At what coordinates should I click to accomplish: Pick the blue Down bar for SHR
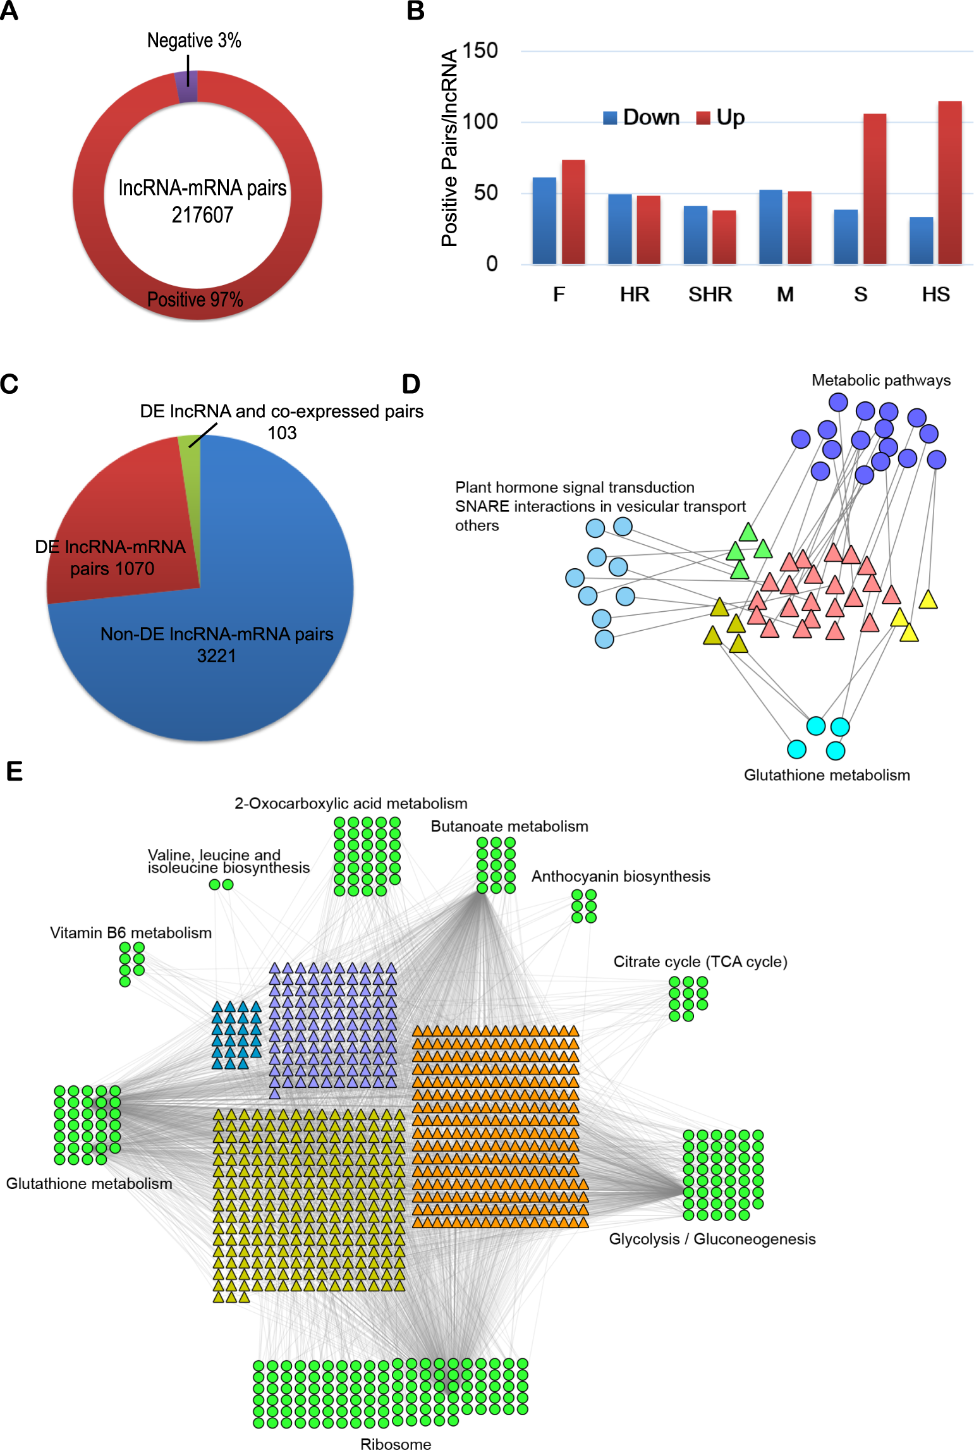coord(695,235)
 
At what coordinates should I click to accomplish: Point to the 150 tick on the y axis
coord(480,51)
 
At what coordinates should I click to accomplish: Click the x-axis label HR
coord(635,295)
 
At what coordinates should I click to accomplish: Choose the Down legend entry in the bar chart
coord(642,118)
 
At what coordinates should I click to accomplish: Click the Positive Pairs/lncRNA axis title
coord(449,148)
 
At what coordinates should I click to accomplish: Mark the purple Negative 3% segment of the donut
coord(187,87)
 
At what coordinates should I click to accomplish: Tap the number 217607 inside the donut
coord(202,215)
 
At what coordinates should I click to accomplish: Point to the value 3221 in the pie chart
coord(216,656)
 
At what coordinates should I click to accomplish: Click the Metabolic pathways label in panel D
coord(881,381)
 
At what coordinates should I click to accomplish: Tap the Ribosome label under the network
coord(396,1444)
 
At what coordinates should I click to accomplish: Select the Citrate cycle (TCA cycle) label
coord(700,961)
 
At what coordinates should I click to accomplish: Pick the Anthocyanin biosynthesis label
coord(621,876)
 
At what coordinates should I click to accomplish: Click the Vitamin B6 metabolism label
coord(131,933)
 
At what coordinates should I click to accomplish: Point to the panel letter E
coord(14,772)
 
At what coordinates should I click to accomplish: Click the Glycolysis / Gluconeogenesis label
coord(712,1239)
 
